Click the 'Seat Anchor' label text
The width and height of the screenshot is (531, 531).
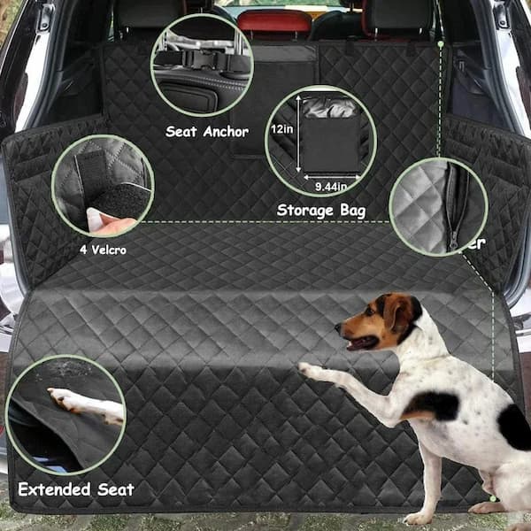(207, 132)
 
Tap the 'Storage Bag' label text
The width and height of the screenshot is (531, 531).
(320, 211)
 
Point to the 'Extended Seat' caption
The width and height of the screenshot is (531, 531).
(76, 489)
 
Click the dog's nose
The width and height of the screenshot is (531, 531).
(337, 329)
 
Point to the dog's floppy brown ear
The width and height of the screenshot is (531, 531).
(399, 313)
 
